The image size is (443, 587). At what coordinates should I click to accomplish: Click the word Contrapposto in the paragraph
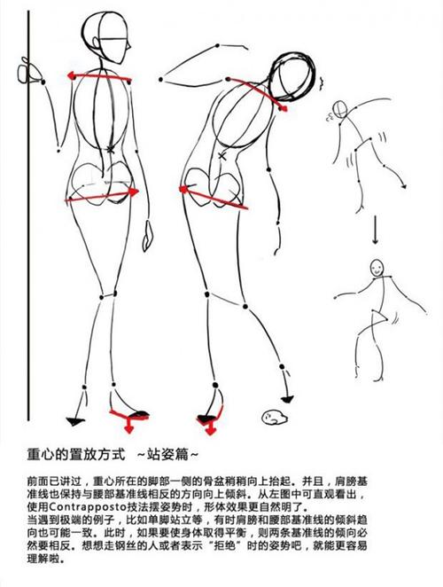coord(87,507)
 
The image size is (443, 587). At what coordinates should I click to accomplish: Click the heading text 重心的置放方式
coord(75,455)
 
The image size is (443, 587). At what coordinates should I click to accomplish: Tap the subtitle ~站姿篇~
coord(167,455)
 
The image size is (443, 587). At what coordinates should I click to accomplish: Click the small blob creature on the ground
coord(274,416)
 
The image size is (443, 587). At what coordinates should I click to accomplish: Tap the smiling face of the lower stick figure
coord(377,267)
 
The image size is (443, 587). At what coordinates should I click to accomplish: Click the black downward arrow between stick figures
coord(375,230)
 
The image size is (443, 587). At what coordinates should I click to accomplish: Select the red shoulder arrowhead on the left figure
coord(73,76)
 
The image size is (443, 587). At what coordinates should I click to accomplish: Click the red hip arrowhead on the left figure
coord(134,192)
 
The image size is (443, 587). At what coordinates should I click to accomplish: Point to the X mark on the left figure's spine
coord(110,150)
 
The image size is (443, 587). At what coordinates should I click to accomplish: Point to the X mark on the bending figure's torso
coord(222,156)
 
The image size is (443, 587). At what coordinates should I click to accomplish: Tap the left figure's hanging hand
coord(148,236)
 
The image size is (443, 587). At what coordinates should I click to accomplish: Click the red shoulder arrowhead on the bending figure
coord(283,108)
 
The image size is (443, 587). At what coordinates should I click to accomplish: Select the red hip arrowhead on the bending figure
coord(184,189)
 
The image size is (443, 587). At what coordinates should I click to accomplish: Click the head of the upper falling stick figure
coord(340,109)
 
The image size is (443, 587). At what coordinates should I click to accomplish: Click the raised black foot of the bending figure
coord(287,400)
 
